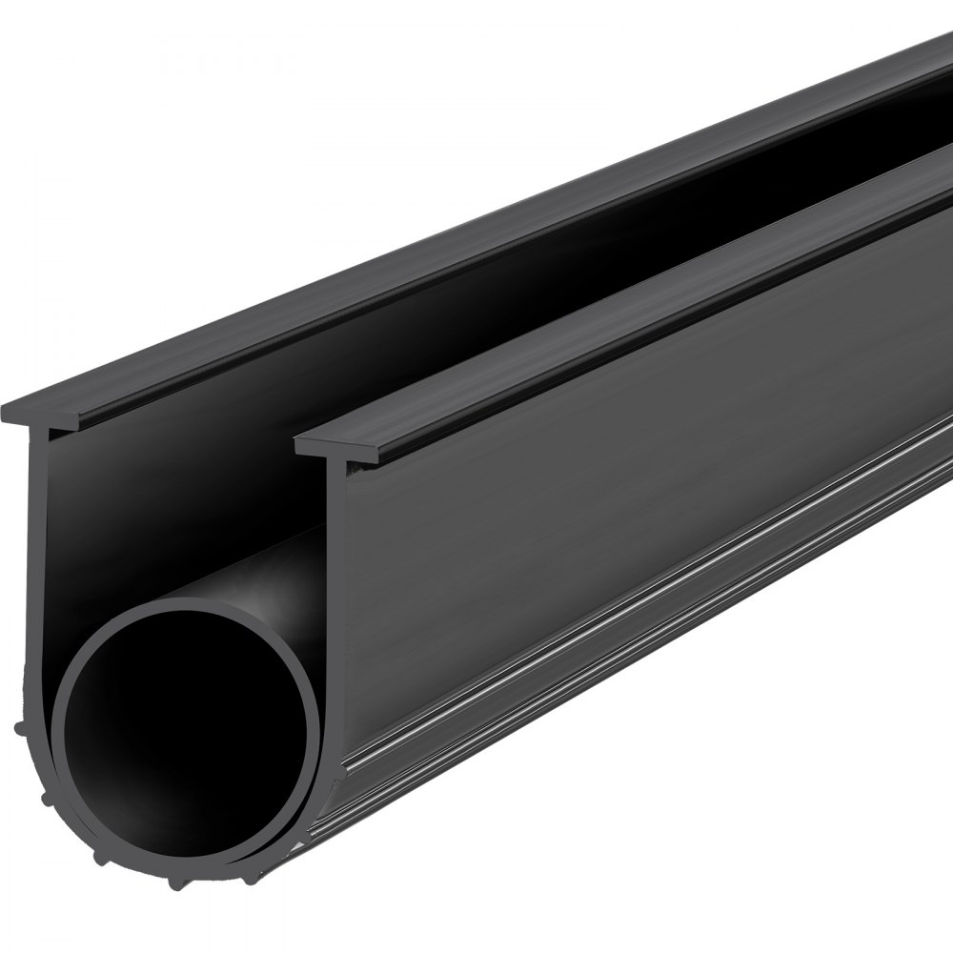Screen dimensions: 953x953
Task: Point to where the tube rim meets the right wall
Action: pyautogui.click(x=319, y=705)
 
